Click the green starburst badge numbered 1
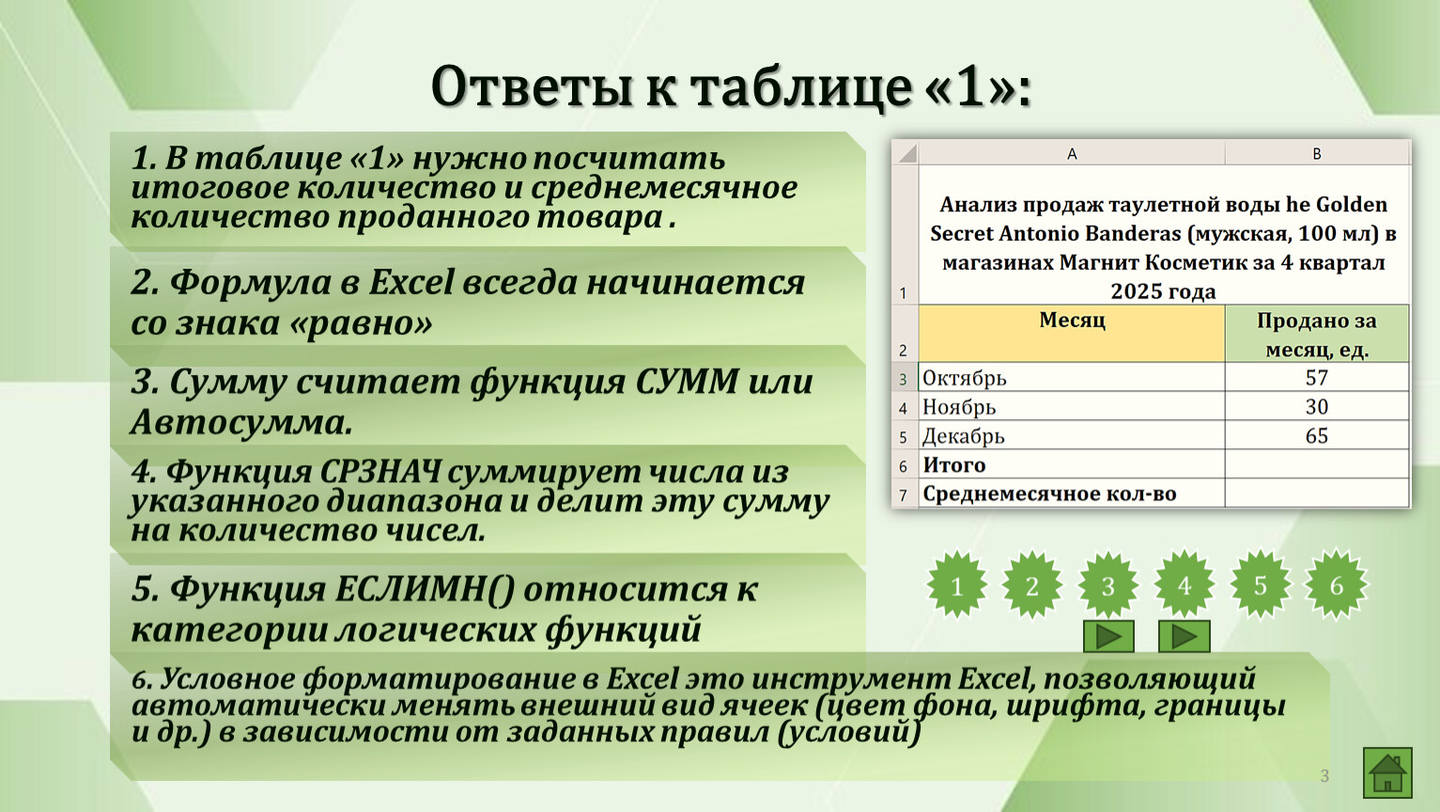(956, 585)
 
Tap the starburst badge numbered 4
(1185, 585)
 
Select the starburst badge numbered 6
(1337, 585)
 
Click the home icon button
(1387, 773)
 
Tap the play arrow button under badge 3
(1108, 636)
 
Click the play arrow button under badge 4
(1185, 636)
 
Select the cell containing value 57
(1317, 378)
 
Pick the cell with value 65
(1317, 435)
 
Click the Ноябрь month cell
(1072, 407)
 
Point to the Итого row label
(954, 464)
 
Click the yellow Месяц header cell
(1072, 334)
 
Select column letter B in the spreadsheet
(1317, 153)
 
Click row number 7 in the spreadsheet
(904, 494)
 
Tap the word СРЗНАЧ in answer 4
(380, 472)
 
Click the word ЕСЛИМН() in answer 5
(425, 589)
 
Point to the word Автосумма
(241, 423)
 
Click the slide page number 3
(1324, 776)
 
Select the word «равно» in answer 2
(362, 323)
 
